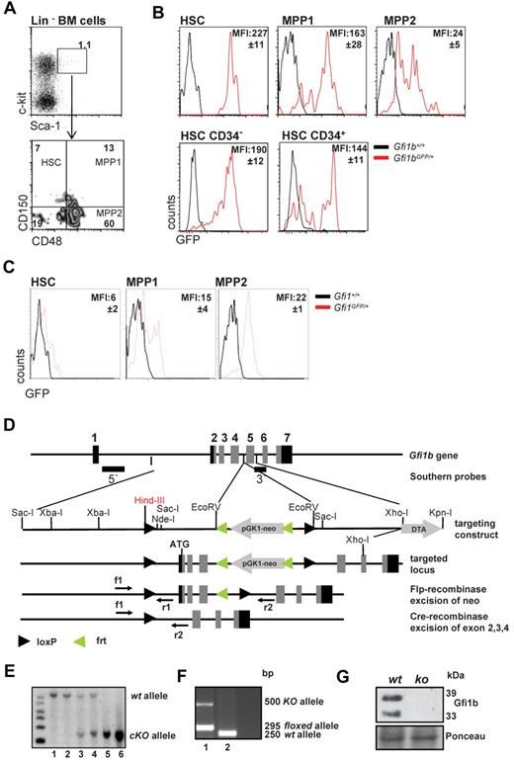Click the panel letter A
(x=9, y=9)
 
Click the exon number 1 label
(x=94, y=437)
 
